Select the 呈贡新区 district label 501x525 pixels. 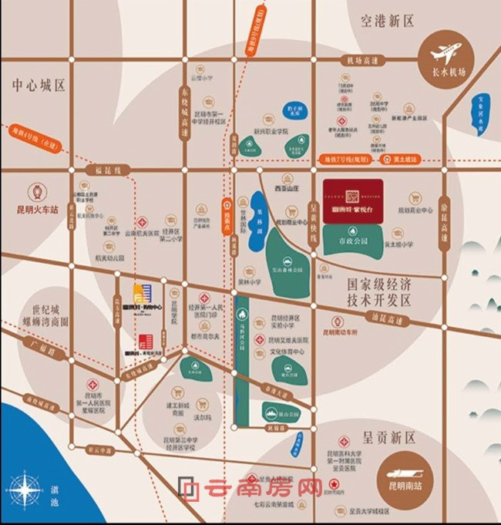coord(388,437)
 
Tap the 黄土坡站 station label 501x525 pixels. coord(407,160)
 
